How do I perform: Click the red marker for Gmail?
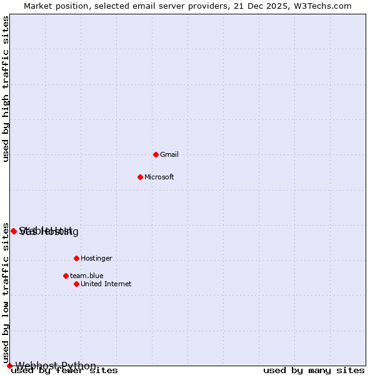tap(156, 154)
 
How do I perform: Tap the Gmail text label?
tap(169, 154)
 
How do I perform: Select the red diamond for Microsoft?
tap(140, 177)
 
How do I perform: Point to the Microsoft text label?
tap(159, 177)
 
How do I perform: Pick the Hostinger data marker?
tap(76, 258)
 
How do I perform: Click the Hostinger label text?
tap(96, 258)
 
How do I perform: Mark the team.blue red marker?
tap(66, 276)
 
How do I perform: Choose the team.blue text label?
tap(87, 276)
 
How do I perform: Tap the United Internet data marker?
tap(76, 284)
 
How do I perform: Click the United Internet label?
tap(106, 284)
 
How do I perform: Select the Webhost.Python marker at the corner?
tap(9, 366)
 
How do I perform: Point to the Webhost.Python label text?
tap(56, 366)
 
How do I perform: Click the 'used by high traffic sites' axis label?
tap(6, 89)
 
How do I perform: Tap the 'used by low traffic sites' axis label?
tap(6, 292)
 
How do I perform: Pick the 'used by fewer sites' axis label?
tap(64, 371)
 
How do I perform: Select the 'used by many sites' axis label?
tap(314, 371)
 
